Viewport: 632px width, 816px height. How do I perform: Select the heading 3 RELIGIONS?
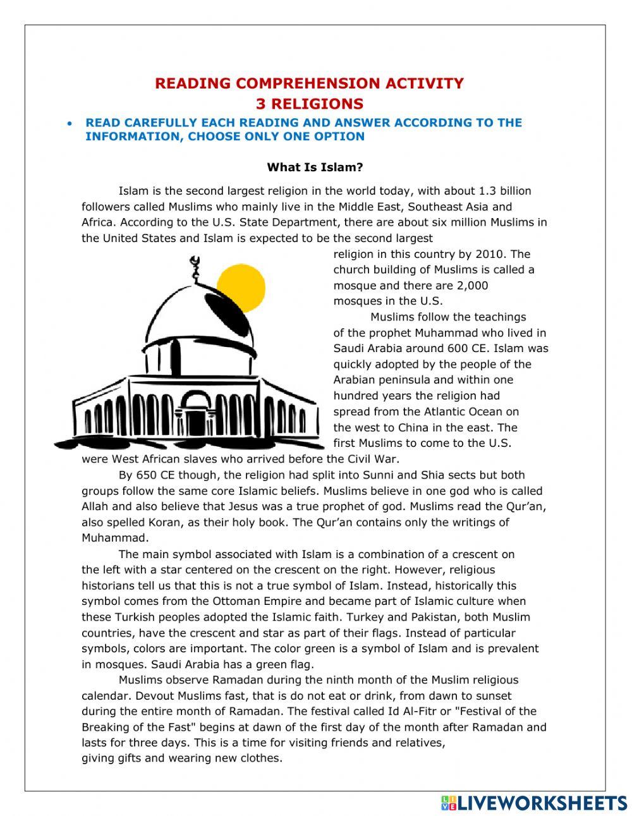pos(310,104)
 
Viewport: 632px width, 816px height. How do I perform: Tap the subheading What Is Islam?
pos(315,167)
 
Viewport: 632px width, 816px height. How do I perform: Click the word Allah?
pos(95,506)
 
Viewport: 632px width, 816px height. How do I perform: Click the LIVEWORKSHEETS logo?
pos(534,803)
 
